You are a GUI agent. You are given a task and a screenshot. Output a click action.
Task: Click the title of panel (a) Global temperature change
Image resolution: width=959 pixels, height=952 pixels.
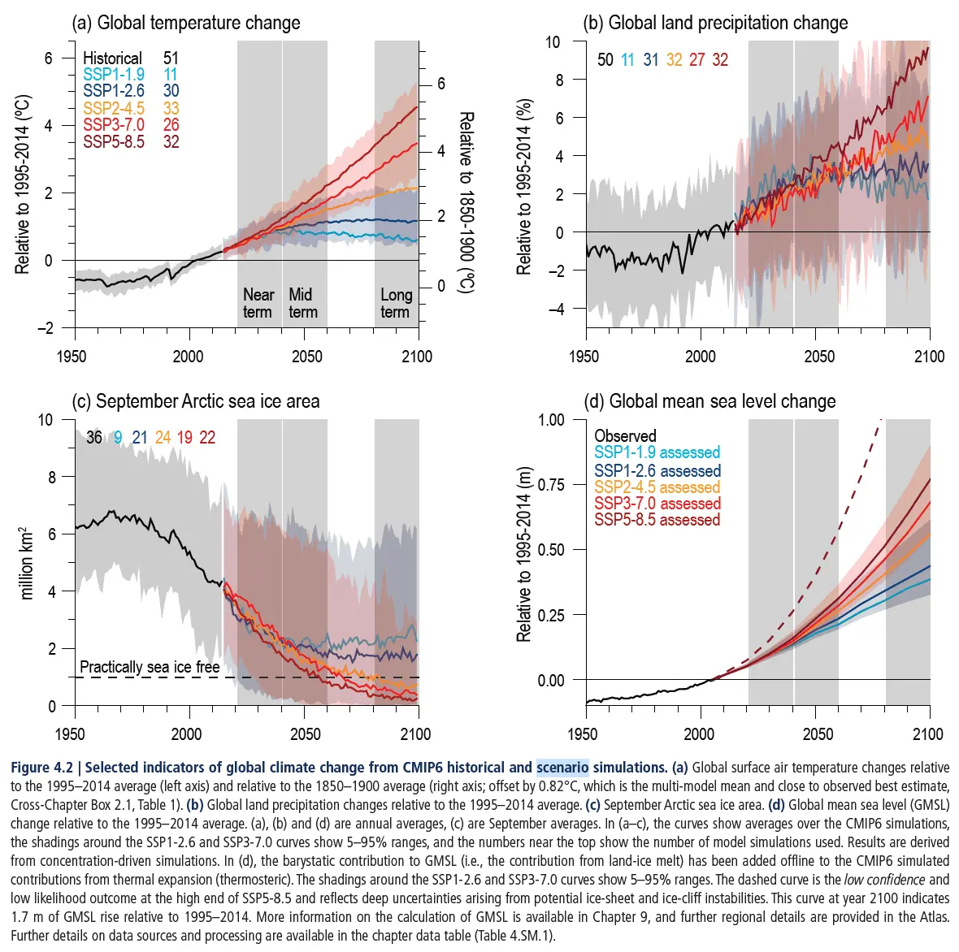point(186,23)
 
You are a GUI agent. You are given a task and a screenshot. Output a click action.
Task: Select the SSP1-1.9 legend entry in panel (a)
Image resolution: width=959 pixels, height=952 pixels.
point(114,75)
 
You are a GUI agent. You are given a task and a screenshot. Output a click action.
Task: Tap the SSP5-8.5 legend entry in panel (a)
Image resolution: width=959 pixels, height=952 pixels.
point(114,141)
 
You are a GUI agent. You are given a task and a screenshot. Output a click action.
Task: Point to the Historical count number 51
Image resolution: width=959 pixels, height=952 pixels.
point(171,58)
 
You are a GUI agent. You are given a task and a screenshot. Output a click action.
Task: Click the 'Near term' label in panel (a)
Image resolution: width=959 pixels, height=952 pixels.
point(258,303)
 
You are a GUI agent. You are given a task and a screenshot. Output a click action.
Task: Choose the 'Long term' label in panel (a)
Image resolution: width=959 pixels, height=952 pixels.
point(396,303)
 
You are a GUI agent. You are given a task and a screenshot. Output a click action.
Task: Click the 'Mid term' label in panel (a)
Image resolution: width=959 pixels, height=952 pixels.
point(302,303)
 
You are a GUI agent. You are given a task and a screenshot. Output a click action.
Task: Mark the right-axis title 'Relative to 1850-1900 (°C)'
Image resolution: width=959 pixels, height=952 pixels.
point(466,201)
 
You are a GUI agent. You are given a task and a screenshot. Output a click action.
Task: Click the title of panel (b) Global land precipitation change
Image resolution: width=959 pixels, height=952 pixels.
point(715,23)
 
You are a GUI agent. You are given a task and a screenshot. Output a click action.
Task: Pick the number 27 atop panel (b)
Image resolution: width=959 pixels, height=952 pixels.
point(696,59)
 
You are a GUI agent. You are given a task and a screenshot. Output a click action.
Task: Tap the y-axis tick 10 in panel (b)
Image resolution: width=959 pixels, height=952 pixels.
point(553,41)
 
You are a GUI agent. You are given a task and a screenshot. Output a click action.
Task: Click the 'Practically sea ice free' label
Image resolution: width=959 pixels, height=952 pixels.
point(150,667)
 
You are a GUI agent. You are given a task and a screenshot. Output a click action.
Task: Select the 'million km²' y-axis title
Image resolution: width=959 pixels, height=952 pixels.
point(26,563)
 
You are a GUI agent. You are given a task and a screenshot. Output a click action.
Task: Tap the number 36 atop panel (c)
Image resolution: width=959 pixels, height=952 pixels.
point(94,437)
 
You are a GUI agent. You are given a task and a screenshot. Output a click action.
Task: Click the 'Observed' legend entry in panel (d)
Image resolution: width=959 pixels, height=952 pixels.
point(625,436)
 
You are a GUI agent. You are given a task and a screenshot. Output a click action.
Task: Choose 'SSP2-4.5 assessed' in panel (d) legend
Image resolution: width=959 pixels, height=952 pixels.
point(657,487)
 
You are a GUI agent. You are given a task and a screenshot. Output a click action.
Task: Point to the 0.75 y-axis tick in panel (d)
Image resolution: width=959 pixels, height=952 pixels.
point(550,485)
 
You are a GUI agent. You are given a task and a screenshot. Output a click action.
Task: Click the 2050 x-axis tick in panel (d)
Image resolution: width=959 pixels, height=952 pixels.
point(818,734)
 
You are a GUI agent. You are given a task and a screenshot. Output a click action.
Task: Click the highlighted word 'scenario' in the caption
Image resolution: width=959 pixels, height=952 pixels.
point(562,768)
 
